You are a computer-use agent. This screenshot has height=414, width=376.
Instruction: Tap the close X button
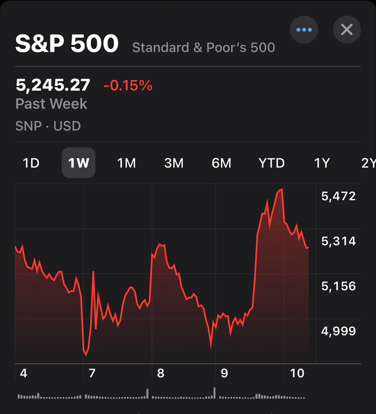(x=347, y=30)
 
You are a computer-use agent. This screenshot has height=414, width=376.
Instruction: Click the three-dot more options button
(x=304, y=30)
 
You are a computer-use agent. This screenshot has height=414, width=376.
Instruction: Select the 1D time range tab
(x=31, y=163)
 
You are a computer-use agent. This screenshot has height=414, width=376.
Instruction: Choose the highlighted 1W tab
(x=78, y=163)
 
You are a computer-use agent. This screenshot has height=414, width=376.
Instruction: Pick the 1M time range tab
(x=126, y=163)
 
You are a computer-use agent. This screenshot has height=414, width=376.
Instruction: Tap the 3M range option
(x=174, y=163)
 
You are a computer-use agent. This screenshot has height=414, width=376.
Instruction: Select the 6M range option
(x=221, y=163)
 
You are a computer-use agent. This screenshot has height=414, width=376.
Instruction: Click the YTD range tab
(x=272, y=163)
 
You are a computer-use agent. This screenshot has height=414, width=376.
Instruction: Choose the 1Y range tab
(x=322, y=163)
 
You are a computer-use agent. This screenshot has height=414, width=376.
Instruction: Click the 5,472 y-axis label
(x=338, y=196)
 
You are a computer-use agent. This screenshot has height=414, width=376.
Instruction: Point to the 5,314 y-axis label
(x=338, y=241)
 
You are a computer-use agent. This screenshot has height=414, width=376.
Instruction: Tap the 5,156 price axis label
(x=338, y=286)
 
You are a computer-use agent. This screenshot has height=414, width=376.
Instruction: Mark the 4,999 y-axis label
(x=338, y=331)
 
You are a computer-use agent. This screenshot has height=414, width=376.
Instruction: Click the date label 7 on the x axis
(x=92, y=373)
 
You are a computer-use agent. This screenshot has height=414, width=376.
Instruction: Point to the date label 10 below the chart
(x=297, y=373)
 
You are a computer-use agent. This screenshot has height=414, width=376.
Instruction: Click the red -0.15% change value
(x=128, y=85)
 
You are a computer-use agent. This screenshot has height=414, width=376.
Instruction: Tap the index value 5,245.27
(x=53, y=85)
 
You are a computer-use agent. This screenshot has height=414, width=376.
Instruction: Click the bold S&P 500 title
(x=67, y=43)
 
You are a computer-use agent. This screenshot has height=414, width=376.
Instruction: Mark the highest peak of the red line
(x=282, y=189)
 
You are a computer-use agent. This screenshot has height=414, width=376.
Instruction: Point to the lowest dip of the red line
(x=86, y=355)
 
